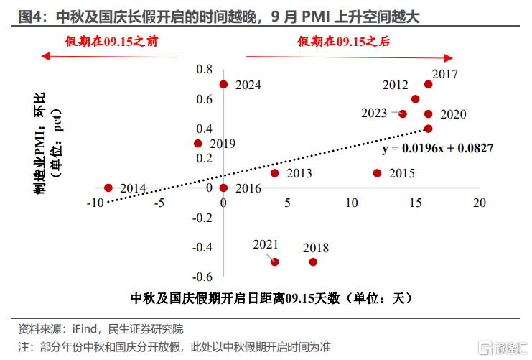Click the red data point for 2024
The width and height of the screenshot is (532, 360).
point(223,84)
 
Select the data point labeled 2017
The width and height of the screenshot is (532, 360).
point(428,84)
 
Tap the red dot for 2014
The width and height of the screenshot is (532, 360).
point(108,188)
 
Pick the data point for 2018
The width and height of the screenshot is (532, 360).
point(313,262)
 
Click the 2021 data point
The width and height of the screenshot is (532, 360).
point(274,262)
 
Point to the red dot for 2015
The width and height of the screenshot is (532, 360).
point(377,172)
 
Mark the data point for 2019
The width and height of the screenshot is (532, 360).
point(198,143)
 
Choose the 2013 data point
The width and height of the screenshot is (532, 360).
point(274,172)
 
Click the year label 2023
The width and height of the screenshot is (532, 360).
point(374,113)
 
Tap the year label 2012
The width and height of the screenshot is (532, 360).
point(396,85)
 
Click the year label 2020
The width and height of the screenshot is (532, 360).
point(453,114)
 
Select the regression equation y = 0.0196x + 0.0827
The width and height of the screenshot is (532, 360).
point(437,148)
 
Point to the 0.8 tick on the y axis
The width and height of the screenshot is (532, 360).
point(205,69)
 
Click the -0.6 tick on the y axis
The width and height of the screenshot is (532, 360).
point(203,277)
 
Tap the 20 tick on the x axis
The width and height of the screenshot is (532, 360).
point(480,203)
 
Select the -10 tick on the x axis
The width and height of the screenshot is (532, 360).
point(94,203)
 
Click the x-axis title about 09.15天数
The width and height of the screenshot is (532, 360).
point(273,297)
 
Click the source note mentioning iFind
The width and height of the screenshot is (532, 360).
point(101,329)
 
